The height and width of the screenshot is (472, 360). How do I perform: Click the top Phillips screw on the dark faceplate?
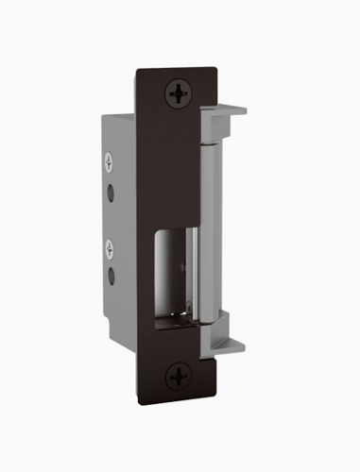(x=178, y=92)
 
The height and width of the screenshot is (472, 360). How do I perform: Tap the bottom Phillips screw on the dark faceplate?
(x=178, y=377)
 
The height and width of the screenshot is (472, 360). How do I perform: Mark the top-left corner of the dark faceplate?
(x=137, y=69)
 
